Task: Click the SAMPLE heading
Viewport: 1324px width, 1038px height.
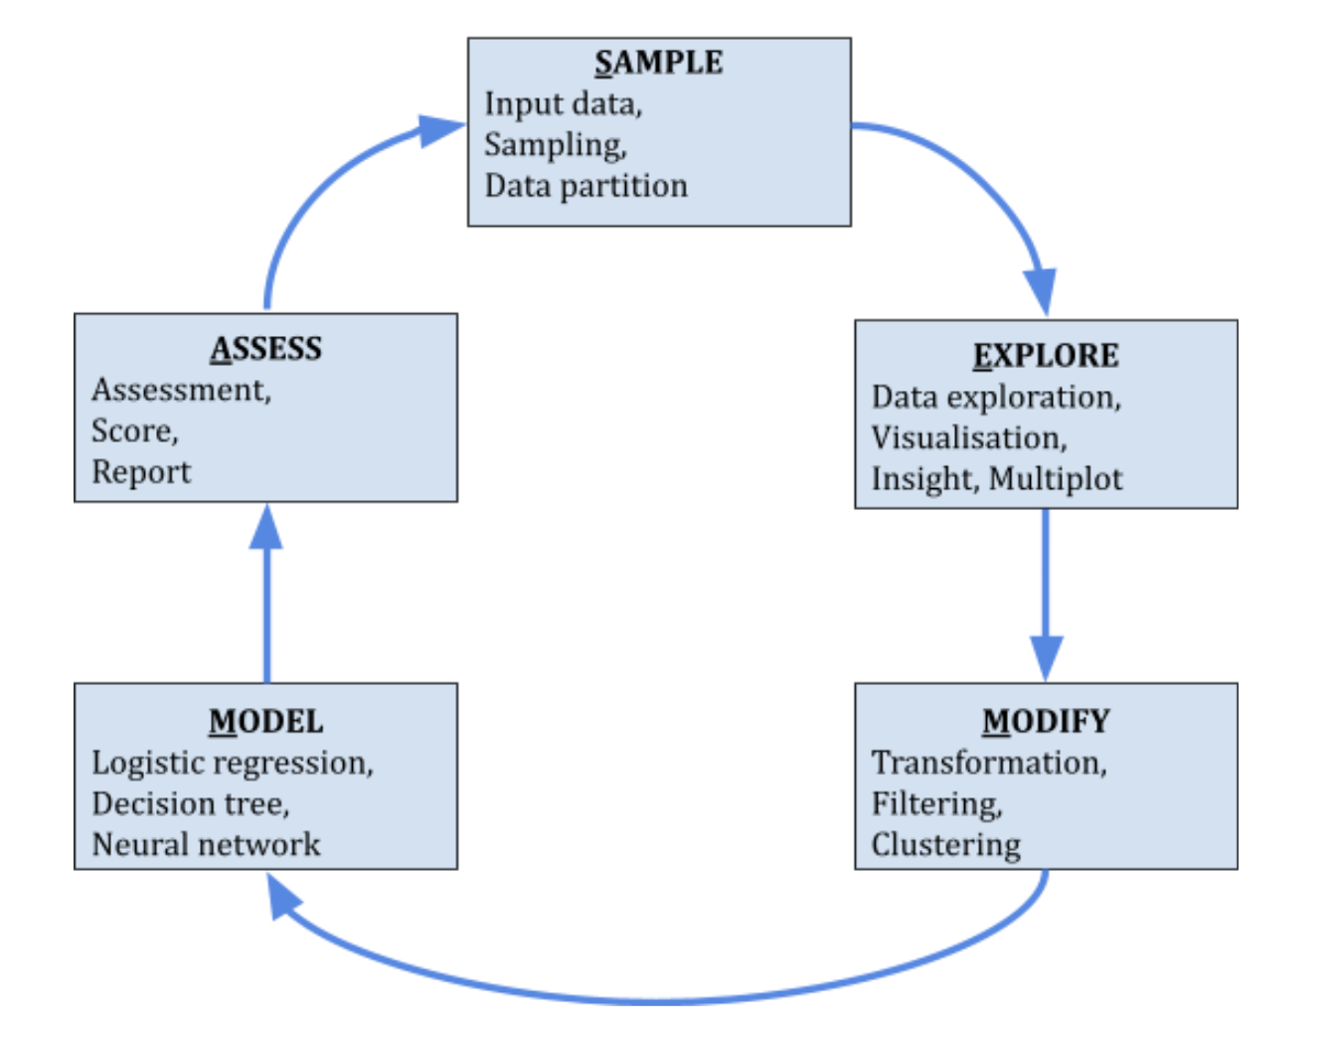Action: point(659,63)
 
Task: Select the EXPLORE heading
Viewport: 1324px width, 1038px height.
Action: point(1046,356)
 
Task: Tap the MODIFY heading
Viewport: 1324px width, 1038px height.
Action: point(1046,721)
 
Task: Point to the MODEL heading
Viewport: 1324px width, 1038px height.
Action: point(265,722)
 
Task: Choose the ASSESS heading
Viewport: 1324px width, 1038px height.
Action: point(265,349)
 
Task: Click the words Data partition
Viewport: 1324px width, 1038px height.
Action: point(585,186)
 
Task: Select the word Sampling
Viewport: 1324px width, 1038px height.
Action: point(554,145)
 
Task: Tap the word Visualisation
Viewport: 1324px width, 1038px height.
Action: point(967,438)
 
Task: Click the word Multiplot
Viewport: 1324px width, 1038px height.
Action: point(1056,479)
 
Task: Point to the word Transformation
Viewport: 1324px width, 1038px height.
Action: point(987,763)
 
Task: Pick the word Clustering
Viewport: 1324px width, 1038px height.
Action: point(945,845)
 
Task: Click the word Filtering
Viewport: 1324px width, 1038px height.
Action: point(935,803)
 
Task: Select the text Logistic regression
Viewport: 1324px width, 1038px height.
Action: point(231,763)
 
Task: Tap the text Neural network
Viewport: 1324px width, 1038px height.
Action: point(206,845)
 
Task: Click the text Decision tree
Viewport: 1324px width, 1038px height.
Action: point(189,803)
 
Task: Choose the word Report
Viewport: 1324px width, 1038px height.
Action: point(141,472)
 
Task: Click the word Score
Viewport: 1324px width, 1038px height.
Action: point(133,432)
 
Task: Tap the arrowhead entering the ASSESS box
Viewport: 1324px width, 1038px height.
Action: point(265,527)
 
